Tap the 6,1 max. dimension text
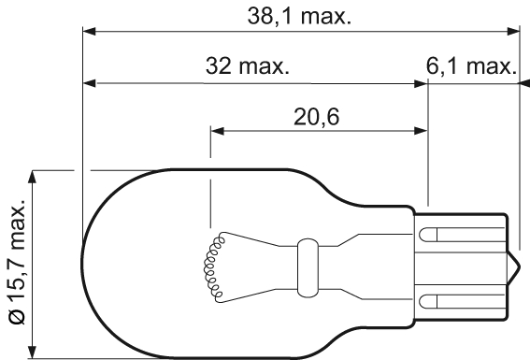click(473, 67)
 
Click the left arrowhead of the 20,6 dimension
click(217, 130)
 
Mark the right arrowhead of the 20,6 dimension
click(422, 130)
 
